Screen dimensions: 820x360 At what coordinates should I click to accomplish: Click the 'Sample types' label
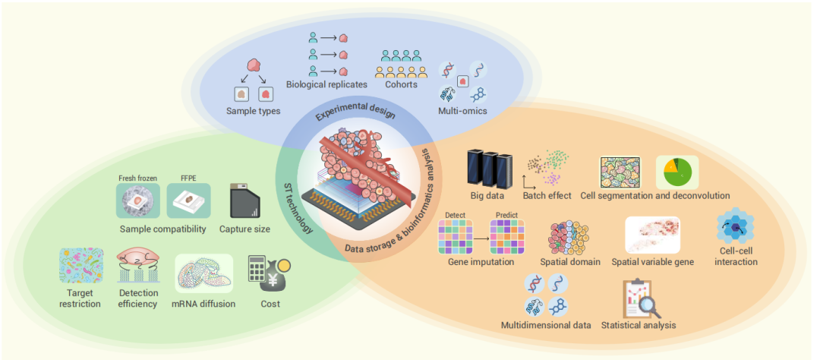253,111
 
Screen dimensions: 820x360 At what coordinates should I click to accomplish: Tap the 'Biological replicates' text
326,84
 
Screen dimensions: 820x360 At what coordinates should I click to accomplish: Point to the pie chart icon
676,172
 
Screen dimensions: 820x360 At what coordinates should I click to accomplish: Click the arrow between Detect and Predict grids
481,237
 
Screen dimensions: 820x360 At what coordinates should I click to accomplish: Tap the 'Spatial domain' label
570,261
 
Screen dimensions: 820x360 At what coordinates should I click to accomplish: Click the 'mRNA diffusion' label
204,304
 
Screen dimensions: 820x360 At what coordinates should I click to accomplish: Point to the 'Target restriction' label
80,298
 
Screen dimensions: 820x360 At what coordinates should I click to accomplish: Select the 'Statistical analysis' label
639,325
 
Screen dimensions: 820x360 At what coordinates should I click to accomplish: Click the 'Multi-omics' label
464,111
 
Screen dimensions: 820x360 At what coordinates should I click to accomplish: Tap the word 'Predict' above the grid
506,214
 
